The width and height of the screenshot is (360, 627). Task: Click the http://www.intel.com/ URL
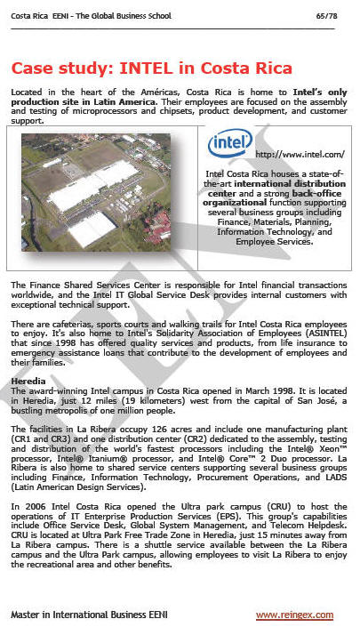tap(300, 155)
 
